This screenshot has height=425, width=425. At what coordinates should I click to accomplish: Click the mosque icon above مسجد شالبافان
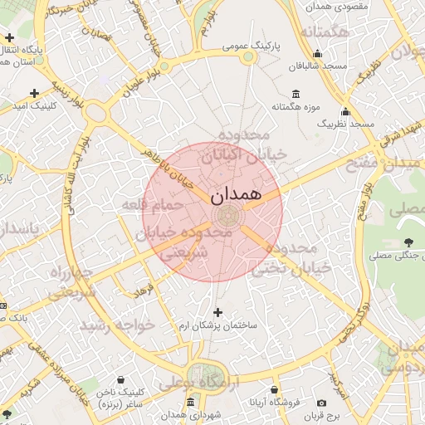pos(318,54)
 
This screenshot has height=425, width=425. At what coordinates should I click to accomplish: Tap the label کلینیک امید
pos(34,105)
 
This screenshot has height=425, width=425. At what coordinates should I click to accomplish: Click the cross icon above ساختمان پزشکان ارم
pos(218,313)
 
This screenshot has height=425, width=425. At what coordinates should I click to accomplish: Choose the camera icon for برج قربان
pos(321,403)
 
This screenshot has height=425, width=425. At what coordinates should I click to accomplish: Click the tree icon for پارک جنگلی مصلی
pos(408,242)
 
